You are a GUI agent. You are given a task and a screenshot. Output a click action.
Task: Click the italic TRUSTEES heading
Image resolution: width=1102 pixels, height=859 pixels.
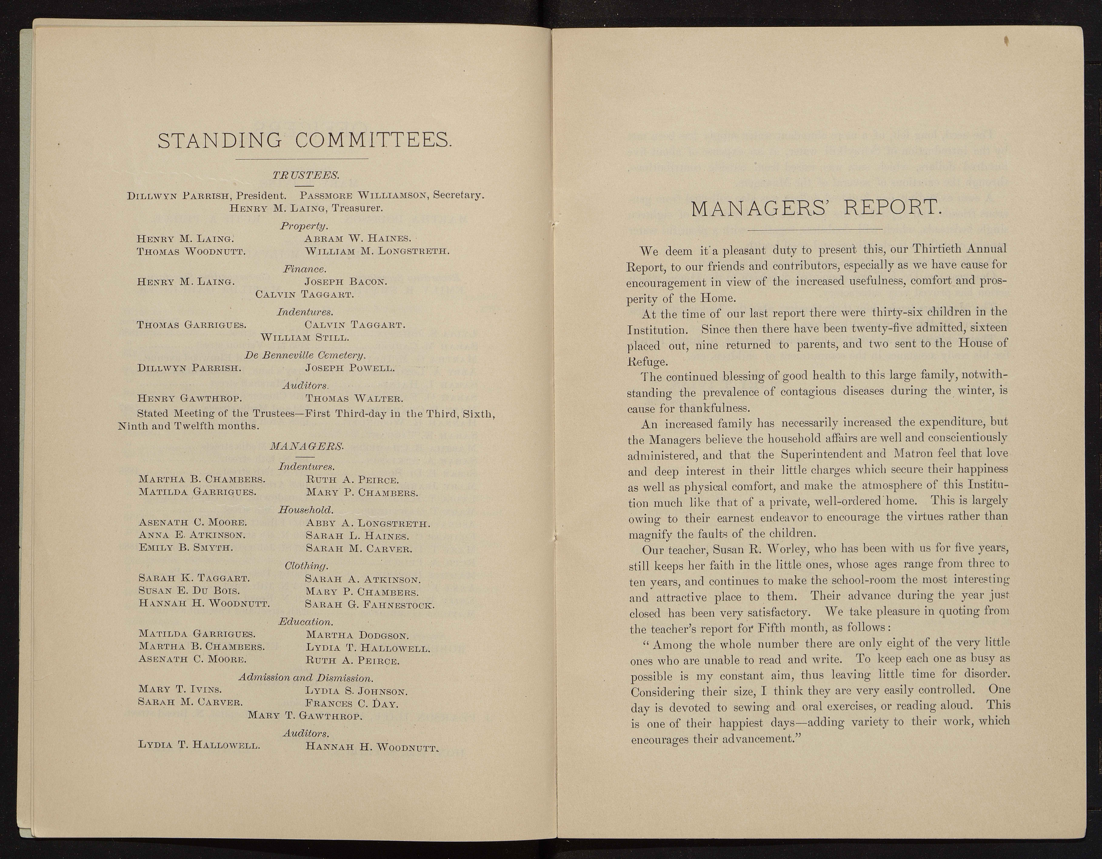[x=306, y=175]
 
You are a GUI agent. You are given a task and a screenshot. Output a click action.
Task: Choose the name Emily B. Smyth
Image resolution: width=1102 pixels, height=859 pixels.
[x=186, y=547]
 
